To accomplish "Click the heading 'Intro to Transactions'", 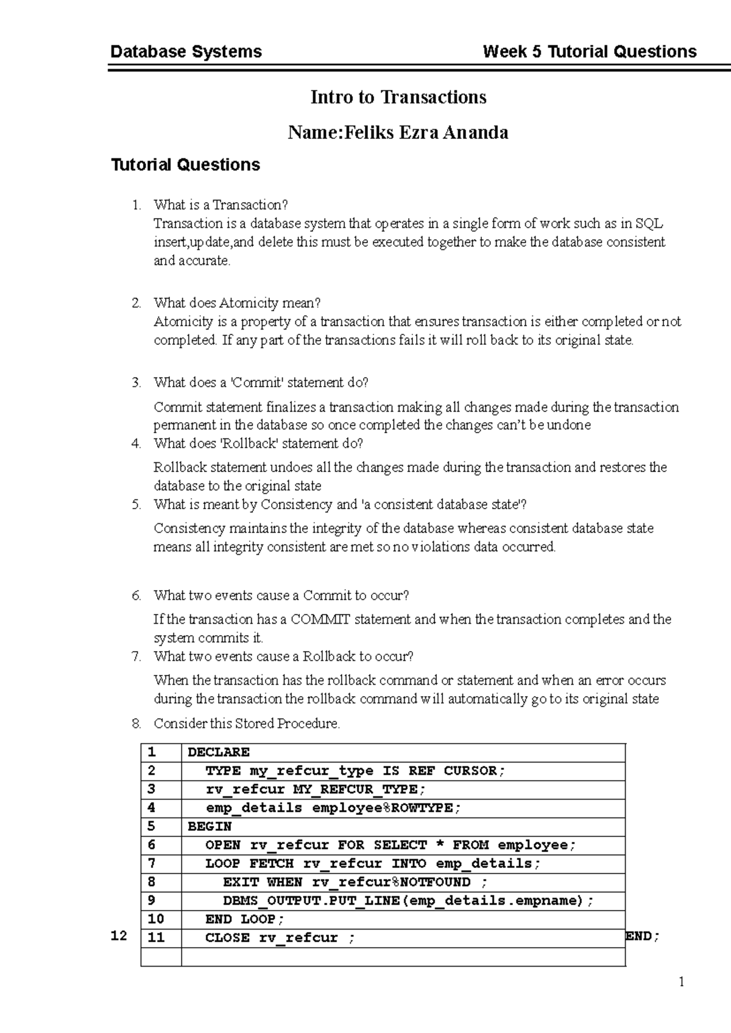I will [398, 97].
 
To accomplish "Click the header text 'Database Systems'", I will [186, 52].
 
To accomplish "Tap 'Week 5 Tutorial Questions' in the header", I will [589, 52].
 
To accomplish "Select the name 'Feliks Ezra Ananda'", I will [426, 133].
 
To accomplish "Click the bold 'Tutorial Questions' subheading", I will [185, 165].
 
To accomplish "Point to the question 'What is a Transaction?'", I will [220, 205].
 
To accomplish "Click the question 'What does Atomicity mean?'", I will [237, 303].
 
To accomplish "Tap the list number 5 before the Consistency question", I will [136, 504].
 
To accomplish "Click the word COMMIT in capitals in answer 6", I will [320, 619].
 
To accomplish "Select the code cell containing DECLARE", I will [219, 752].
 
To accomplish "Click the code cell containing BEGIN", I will [210, 827].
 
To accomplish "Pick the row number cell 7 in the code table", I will [152, 864].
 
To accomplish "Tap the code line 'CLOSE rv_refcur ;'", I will [280, 938].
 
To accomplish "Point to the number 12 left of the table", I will [119, 936].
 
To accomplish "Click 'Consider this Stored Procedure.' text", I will [247, 724].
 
